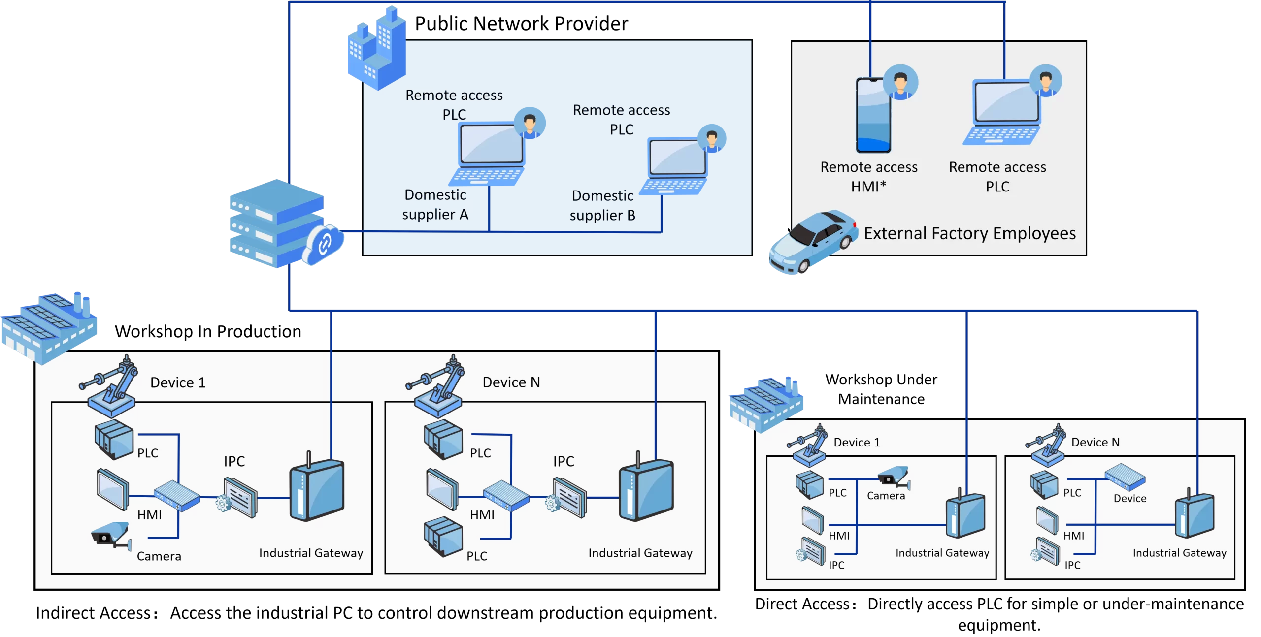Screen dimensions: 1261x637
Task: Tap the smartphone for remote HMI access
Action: point(873,115)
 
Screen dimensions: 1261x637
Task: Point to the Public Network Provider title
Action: point(521,24)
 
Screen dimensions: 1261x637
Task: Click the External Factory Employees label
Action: point(969,233)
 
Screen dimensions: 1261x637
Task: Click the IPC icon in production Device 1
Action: point(237,497)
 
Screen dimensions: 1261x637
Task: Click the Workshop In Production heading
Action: point(208,332)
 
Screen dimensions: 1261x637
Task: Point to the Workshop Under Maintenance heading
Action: point(881,389)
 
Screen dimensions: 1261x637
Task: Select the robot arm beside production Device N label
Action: point(434,386)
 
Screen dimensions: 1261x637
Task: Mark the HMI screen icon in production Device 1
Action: point(113,489)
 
